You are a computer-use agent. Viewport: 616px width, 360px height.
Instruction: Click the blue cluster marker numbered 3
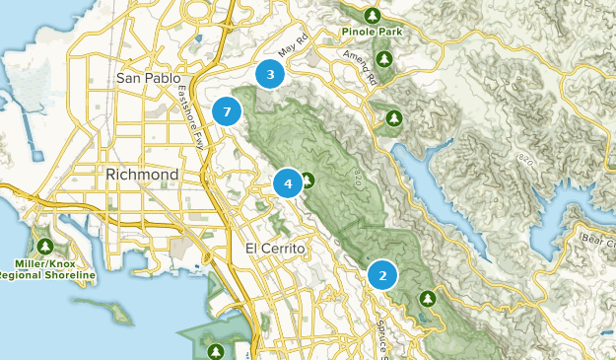270,74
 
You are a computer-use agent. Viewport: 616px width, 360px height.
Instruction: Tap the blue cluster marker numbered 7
227,111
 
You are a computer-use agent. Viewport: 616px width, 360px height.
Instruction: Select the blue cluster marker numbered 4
288,182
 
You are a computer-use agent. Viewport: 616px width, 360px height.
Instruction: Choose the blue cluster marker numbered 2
382,275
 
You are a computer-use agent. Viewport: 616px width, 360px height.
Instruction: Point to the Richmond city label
142,175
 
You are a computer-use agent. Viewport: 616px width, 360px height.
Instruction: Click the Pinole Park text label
373,32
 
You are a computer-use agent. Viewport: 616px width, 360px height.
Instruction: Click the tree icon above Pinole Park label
373,15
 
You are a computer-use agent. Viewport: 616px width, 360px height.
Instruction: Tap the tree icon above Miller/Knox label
44,246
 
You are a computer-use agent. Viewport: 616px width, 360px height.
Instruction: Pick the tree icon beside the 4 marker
308,180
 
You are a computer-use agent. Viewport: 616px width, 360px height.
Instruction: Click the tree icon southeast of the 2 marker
427,297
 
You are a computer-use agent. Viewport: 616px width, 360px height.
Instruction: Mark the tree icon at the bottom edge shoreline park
216,350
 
